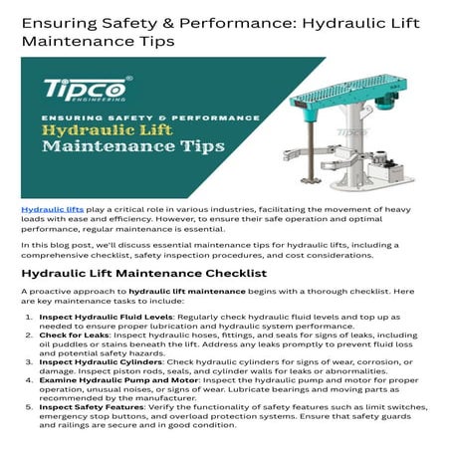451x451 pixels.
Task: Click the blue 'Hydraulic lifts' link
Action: coord(45,211)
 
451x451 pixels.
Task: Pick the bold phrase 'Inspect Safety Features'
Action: coord(87,406)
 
